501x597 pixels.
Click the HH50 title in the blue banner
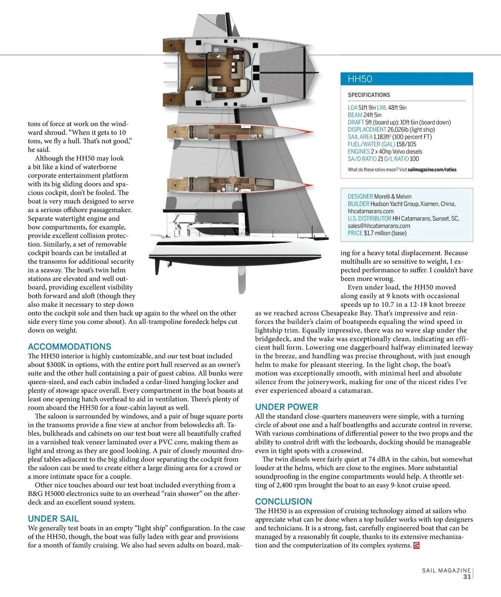(360, 79)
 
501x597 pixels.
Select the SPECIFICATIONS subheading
(369, 95)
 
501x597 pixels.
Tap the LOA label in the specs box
(353, 108)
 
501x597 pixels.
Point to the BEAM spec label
(355, 115)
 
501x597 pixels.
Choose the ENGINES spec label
(359, 152)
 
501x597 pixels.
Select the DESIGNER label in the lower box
(360, 197)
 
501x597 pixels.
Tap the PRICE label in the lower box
(355, 233)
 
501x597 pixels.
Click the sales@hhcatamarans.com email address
(379, 226)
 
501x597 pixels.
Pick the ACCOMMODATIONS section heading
(70, 347)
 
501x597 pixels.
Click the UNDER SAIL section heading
(53, 519)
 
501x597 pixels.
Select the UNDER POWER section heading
(286, 407)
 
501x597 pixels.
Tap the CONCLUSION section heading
(283, 501)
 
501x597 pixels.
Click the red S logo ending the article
(416, 545)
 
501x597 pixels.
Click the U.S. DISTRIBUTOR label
(369, 218)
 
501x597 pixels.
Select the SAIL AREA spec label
(360, 137)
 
